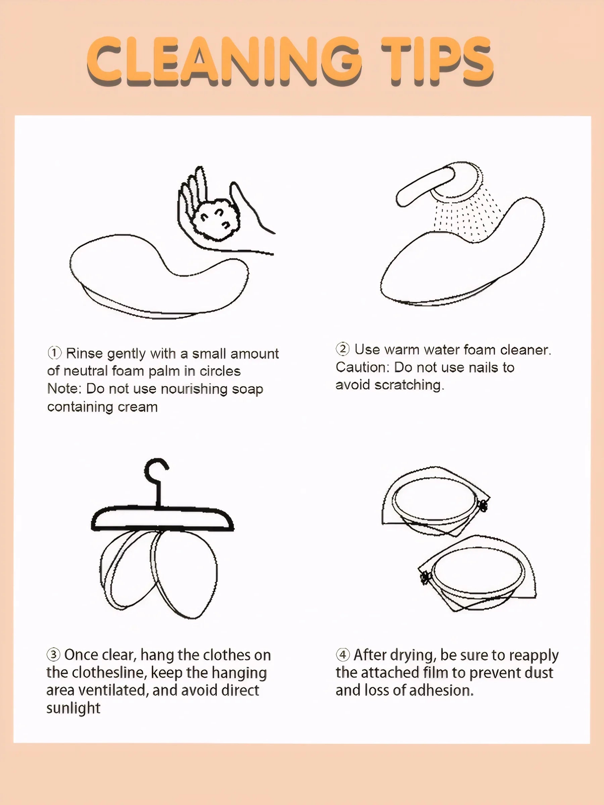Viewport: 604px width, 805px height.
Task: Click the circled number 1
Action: [54, 353]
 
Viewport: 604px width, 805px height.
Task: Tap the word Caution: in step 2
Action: [363, 367]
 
